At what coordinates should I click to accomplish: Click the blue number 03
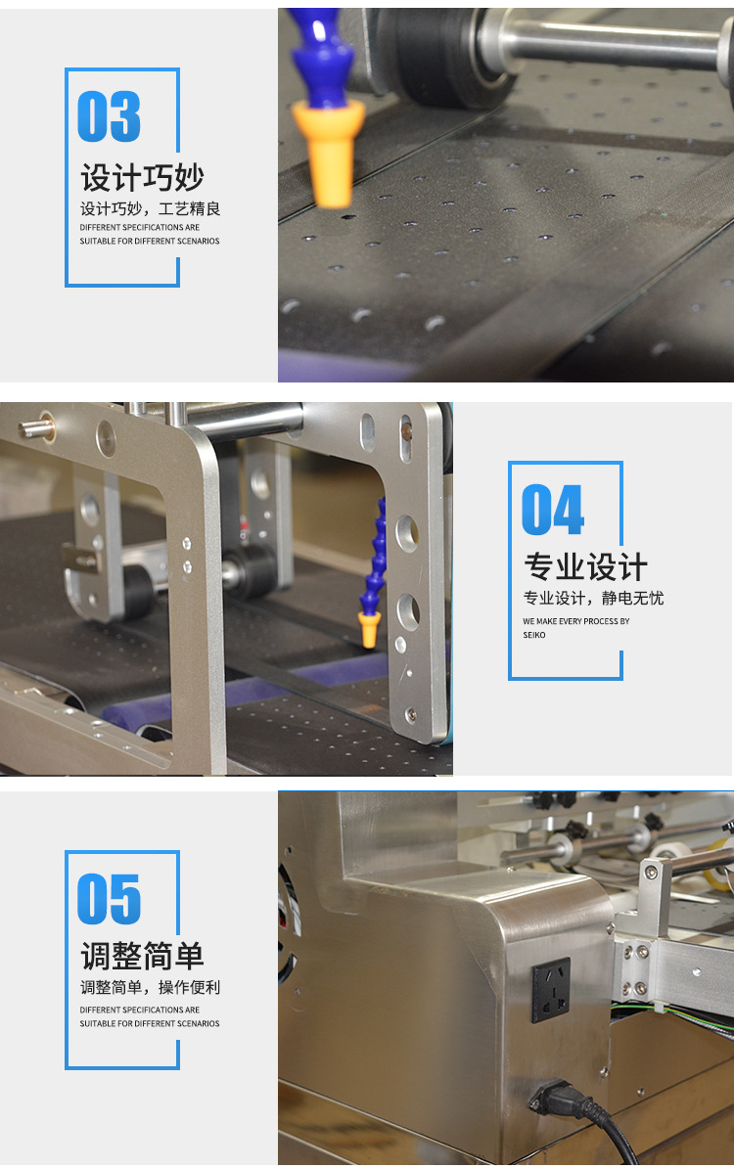coord(109,117)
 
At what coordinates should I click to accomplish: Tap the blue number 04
coord(553,510)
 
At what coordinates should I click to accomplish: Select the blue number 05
coord(109,899)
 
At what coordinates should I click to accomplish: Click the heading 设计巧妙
coord(142,178)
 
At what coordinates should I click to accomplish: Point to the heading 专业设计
coord(585,567)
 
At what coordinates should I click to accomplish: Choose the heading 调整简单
coord(142,957)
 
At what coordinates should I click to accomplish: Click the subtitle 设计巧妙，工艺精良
coord(150,208)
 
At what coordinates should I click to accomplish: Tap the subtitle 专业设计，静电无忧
coord(593,598)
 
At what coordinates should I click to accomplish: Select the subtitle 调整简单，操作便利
coord(150,988)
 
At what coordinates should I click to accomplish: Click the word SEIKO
coord(534,635)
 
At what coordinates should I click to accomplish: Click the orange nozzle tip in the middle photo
coord(369,628)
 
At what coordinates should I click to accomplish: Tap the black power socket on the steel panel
coord(551,990)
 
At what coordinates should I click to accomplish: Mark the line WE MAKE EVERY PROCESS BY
coord(575,621)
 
